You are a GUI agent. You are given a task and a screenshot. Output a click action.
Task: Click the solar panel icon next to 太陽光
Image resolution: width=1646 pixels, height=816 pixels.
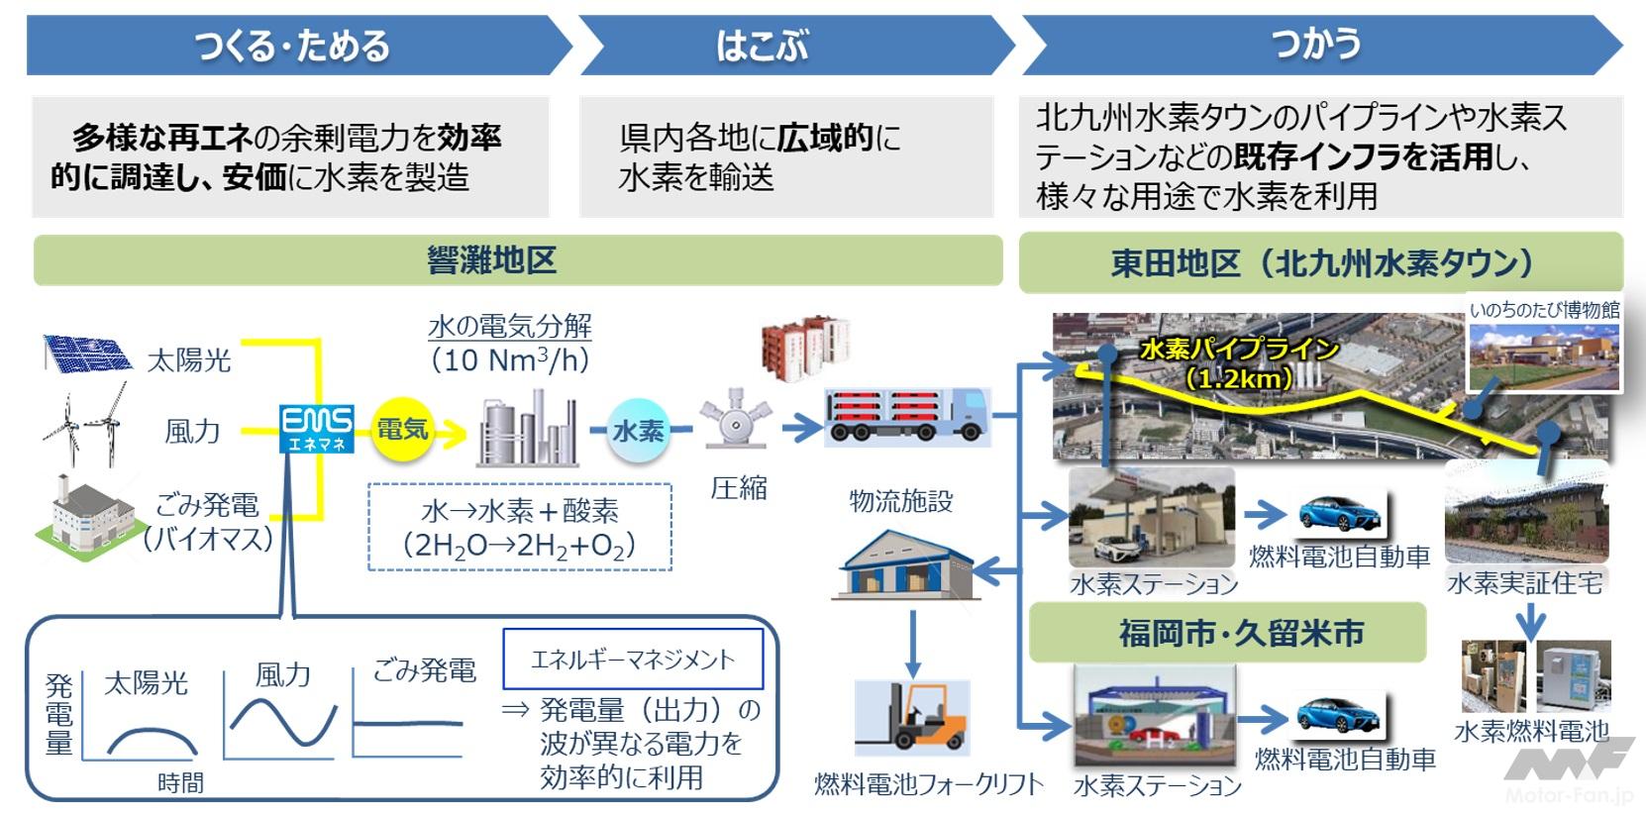coord(87,355)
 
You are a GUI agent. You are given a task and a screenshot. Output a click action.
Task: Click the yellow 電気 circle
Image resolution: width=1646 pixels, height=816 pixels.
coord(402,430)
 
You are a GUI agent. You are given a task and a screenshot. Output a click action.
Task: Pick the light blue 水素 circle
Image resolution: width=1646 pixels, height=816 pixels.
coord(639,430)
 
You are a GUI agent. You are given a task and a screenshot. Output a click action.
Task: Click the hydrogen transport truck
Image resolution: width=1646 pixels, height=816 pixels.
coord(907,415)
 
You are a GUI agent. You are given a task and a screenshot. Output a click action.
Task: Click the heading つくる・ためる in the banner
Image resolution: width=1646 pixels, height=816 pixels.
coord(293,46)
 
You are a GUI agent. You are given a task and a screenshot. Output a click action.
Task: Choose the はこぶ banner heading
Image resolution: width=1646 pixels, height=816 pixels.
coord(762,46)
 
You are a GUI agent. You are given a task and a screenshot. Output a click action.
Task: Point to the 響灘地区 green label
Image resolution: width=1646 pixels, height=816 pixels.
coord(492,260)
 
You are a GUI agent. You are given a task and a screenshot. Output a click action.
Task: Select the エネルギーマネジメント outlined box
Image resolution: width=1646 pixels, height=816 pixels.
coord(633,660)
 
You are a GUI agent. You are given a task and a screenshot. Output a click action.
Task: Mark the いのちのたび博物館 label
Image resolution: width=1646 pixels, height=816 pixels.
coord(1544,310)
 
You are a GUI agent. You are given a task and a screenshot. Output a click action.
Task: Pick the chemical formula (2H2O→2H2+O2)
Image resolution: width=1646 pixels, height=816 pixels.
coord(519,546)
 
